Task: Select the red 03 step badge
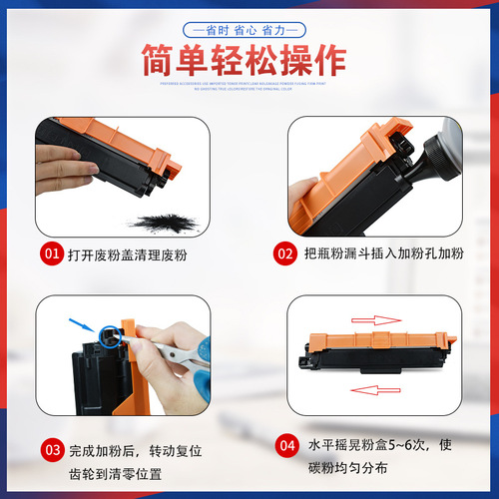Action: (53, 449)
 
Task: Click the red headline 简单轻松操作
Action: (249, 62)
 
